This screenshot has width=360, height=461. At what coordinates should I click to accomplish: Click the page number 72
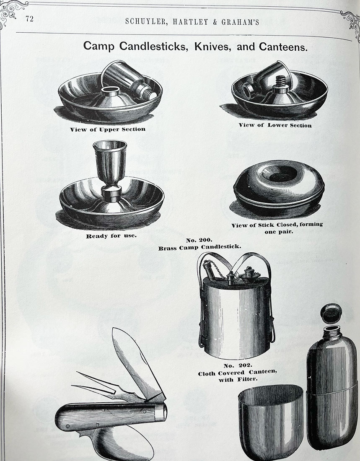[x=29, y=19]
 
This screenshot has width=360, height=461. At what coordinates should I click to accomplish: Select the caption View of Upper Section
[x=108, y=129]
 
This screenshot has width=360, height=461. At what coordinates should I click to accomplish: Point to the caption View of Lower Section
[x=275, y=125]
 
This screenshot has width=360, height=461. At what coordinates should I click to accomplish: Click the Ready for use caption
[x=111, y=236]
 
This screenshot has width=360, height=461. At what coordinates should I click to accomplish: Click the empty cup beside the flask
[x=271, y=423]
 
